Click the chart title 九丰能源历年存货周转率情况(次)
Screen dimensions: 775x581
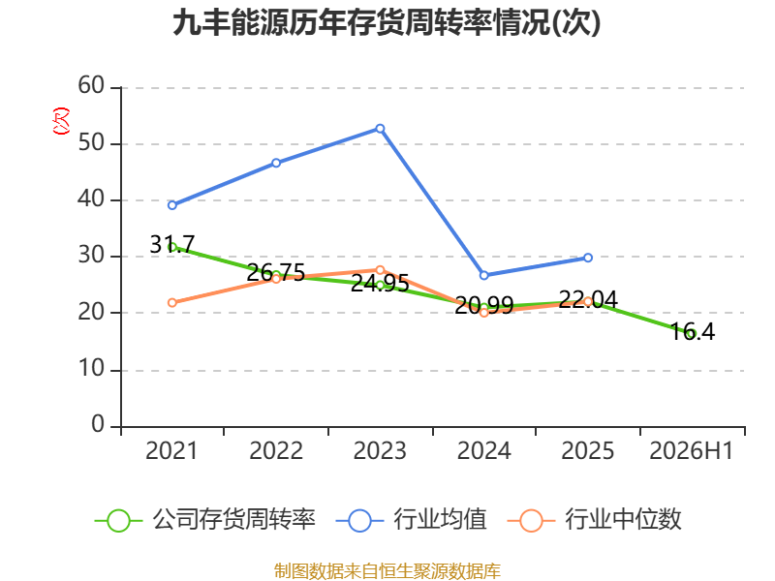(x=387, y=23)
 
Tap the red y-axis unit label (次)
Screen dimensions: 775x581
(x=61, y=121)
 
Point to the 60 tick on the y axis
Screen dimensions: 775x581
(x=91, y=86)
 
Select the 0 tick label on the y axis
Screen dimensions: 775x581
(x=98, y=424)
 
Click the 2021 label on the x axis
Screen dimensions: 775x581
(x=171, y=450)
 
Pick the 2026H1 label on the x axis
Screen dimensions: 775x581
(x=691, y=450)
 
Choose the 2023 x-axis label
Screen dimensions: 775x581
(x=380, y=450)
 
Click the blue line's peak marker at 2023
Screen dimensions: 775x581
(x=380, y=129)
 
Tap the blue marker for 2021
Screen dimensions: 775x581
(x=172, y=205)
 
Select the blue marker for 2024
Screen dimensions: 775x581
(x=483, y=275)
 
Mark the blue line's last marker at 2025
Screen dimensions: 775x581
(x=588, y=258)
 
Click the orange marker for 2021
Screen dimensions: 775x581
(x=172, y=302)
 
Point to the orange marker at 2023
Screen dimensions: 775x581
(x=380, y=270)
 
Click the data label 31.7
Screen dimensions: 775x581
(x=172, y=245)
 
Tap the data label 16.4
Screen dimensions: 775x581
(x=693, y=331)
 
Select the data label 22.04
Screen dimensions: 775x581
(x=588, y=299)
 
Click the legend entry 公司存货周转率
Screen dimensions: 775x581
(x=205, y=520)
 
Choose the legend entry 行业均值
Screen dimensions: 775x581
(x=411, y=520)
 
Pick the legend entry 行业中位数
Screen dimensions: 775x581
(x=595, y=520)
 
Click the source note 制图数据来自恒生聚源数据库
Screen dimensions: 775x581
(x=387, y=570)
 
